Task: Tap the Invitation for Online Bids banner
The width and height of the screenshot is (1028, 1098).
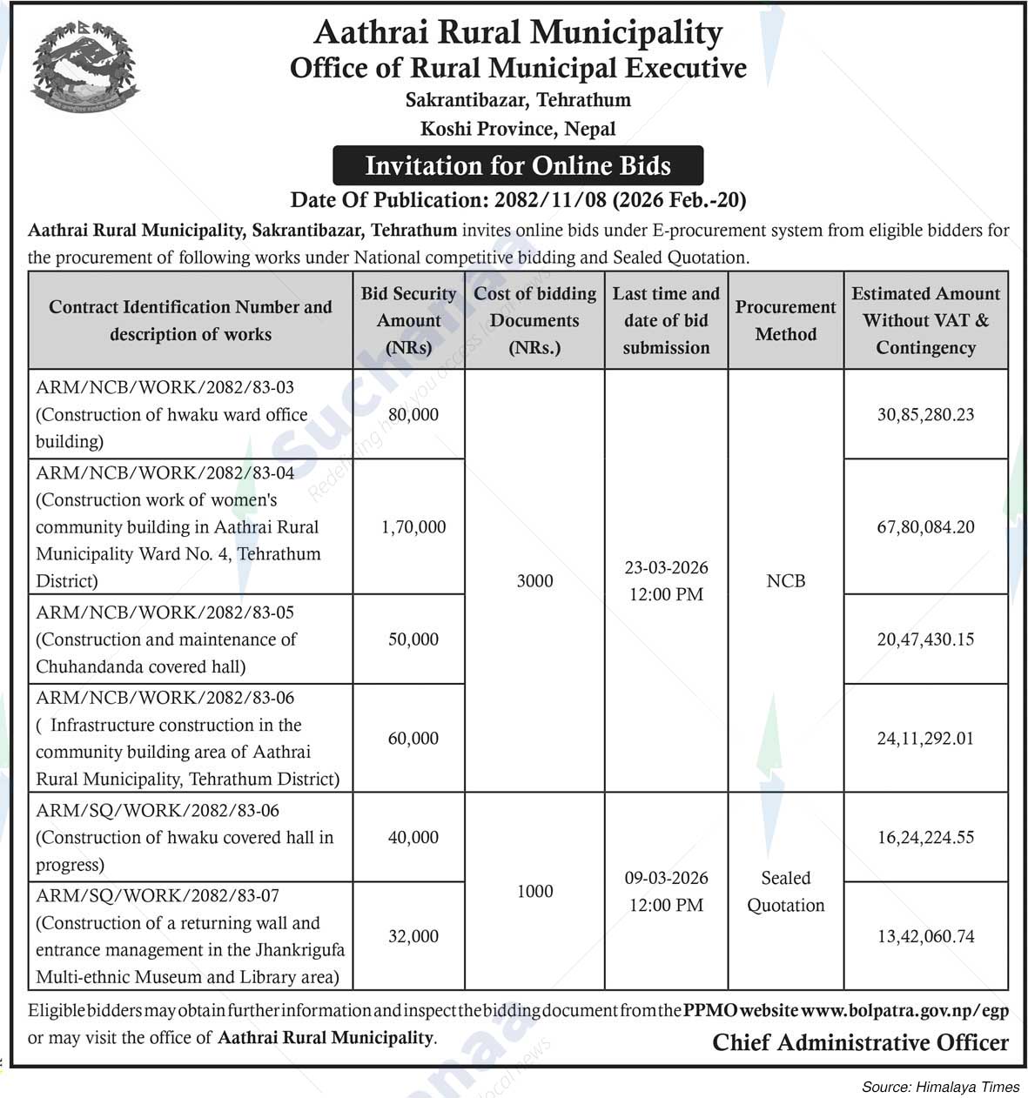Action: click(518, 165)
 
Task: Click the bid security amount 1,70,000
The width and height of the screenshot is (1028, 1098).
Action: click(413, 526)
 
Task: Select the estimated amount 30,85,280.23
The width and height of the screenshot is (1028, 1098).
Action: click(925, 414)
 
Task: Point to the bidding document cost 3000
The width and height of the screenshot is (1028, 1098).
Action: click(534, 580)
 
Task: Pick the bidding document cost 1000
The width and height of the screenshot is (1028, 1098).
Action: click(534, 891)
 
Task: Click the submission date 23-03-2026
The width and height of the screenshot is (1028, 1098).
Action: click(666, 568)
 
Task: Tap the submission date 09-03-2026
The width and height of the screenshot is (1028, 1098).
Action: click(666, 878)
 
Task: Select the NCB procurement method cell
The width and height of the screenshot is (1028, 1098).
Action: click(785, 580)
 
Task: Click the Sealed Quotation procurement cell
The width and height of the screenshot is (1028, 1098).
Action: click(785, 892)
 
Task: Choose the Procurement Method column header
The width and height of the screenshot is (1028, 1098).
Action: click(785, 320)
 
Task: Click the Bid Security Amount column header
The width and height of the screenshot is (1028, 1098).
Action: click(408, 320)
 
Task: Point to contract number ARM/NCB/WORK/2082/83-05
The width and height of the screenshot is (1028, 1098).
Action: click(165, 613)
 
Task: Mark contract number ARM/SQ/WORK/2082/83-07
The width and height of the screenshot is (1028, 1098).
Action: click(158, 896)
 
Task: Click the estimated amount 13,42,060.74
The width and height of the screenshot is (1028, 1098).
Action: click(925, 936)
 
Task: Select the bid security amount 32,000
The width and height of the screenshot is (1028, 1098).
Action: click(413, 936)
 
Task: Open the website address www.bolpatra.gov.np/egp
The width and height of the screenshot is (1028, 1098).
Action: click(904, 1011)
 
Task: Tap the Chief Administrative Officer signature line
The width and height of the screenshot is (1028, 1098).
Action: click(860, 1042)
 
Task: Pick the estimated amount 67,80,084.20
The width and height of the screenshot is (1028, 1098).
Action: click(925, 526)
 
